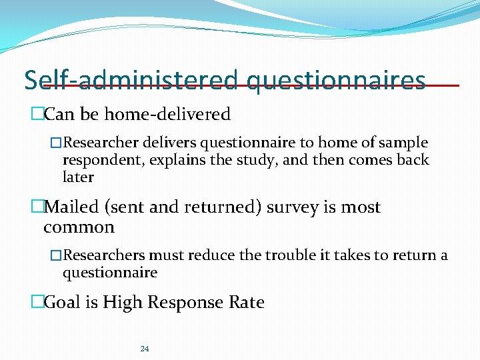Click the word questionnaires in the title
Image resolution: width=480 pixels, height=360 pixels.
pos(335,81)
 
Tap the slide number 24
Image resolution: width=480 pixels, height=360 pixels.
pos(145,349)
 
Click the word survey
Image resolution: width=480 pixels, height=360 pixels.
pos(293,207)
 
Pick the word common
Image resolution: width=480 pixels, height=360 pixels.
pos(79,227)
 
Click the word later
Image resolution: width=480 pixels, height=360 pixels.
pos(78,177)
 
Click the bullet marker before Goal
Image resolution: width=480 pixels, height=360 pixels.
pos(37,303)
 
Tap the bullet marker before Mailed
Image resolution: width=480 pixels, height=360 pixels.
pos(37,207)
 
